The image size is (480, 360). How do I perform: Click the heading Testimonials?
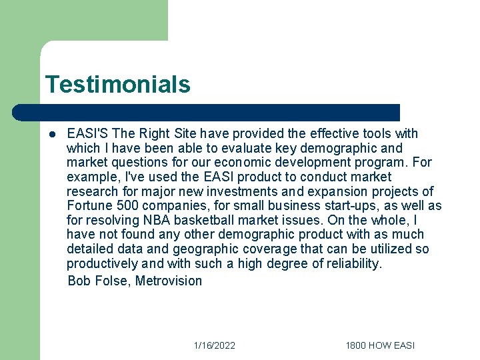click(x=117, y=85)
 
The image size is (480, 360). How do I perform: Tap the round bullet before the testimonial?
click(x=52, y=134)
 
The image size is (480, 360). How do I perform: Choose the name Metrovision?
click(x=169, y=281)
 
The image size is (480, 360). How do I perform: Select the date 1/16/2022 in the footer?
click(x=215, y=345)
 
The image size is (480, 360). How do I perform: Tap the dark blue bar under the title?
click(x=207, y=113)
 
